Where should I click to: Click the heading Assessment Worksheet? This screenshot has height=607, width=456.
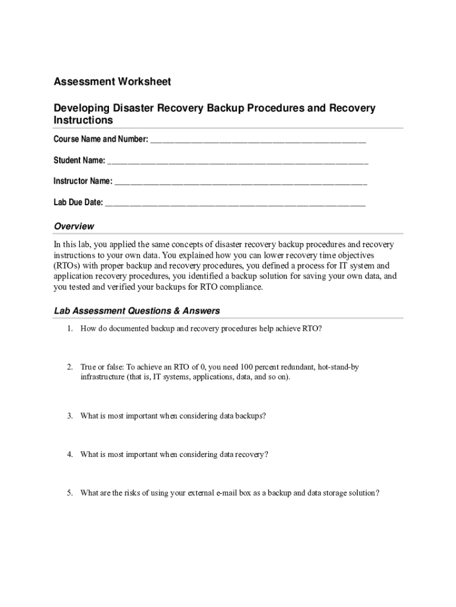pos(112,81)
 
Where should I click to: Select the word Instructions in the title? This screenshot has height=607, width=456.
pos(83,120)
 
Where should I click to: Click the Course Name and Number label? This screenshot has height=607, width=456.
pos(101,139)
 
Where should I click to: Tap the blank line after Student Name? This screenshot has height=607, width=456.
pos(237,161)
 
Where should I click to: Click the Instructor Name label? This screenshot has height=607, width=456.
pos(83,181)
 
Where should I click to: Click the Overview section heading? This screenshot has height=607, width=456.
pos(73,226)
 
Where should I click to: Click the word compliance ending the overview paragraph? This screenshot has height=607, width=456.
pos(240,287)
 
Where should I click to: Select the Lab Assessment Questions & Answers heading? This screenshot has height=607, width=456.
pos(137,311)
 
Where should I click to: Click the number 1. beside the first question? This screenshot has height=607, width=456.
pos(69,328)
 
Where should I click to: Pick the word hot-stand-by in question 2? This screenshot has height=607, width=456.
pos(338,368)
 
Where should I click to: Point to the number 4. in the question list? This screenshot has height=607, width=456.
pos(69,454)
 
